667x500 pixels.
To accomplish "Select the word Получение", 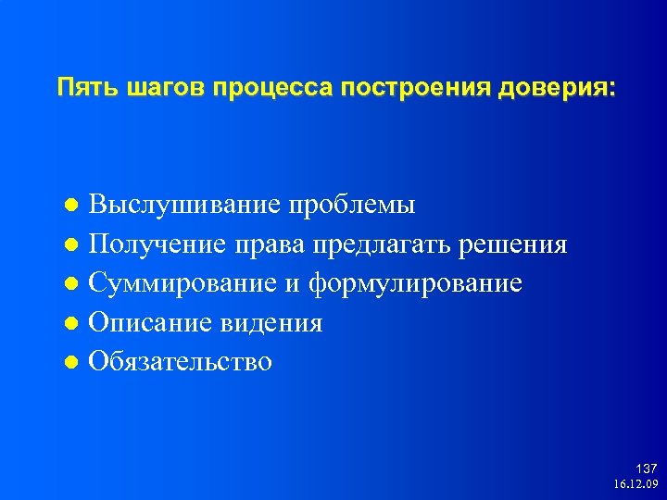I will [157, 244].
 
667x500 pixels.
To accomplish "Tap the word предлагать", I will [379, 244].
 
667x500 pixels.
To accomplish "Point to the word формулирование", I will [415, 283].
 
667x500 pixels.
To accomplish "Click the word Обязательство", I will [181, 361].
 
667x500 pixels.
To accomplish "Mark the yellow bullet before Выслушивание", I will [75, 206].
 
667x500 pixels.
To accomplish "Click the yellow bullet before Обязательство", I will [75, 362].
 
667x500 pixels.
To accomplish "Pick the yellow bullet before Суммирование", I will [75, 284].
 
